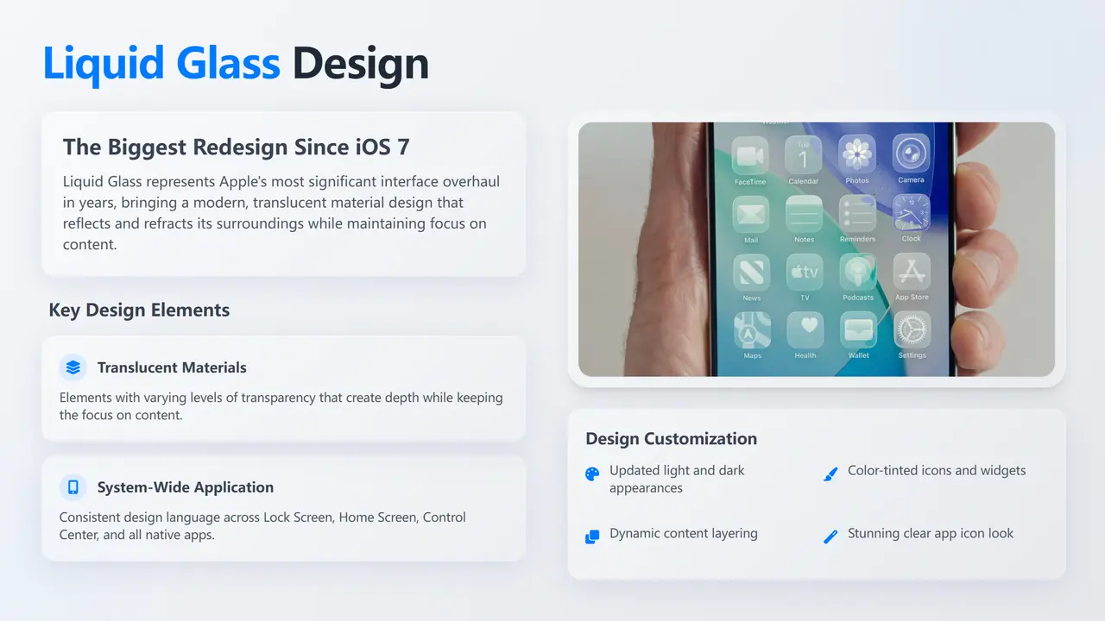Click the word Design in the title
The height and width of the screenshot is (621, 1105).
(361, 64)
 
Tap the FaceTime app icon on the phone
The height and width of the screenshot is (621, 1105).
(750, 156)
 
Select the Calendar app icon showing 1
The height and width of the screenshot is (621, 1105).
(803, 154)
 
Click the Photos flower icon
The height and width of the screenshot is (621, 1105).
(857, 154)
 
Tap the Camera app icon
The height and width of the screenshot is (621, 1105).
(911, 154)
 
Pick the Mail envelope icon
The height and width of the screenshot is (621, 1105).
(751, 215)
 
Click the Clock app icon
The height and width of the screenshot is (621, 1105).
(911, 212)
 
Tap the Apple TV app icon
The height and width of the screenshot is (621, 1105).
(805, 272)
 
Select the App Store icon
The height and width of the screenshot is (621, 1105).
(912, 271)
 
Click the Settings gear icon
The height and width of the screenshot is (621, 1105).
(912, 329)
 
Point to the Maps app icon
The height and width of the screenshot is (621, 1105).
(752, 330)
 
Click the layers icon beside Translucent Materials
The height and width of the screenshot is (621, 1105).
(73, 367)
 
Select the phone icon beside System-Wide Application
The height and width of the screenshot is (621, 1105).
(73, 487)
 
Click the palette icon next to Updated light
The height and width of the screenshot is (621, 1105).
(592, 474)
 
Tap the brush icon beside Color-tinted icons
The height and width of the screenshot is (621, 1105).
(830, 474)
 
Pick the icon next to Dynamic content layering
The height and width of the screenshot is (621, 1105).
(592, 536)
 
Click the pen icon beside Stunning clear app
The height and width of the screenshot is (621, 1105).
(830, 536)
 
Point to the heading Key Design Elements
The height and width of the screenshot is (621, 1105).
(139, 310)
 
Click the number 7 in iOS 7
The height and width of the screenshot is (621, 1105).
(403, 147)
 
